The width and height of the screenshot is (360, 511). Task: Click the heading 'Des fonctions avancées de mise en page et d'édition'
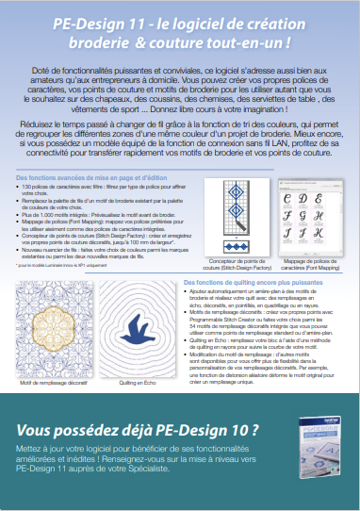(x=83, y=177)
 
